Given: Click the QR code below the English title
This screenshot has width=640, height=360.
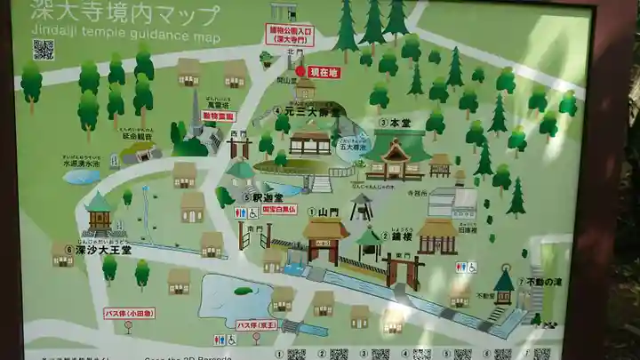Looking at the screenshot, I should pyautogui.click(x=43, y=50).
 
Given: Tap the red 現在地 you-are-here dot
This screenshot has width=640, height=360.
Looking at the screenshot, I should pyautogui.click(x=300, y=71).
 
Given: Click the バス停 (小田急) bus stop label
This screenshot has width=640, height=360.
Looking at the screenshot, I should pyautogui.click(x=129, y=313).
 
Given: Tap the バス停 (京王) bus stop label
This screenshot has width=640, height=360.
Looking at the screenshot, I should pyautogui.click(x=256, y=324).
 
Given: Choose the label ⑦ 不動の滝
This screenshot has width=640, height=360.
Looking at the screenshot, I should pyautogui.click(x=540, y=282).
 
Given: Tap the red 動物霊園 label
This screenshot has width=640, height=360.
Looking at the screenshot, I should pyautogui.click(x=218, y=116).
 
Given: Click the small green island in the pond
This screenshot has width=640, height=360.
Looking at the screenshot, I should pyautogui.click(x=243, y=291).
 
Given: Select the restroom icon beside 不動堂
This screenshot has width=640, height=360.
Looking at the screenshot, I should pyautogui.click(x=466, y=267).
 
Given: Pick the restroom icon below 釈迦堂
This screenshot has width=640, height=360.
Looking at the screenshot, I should pyautogui.click(x=246, y=213).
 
